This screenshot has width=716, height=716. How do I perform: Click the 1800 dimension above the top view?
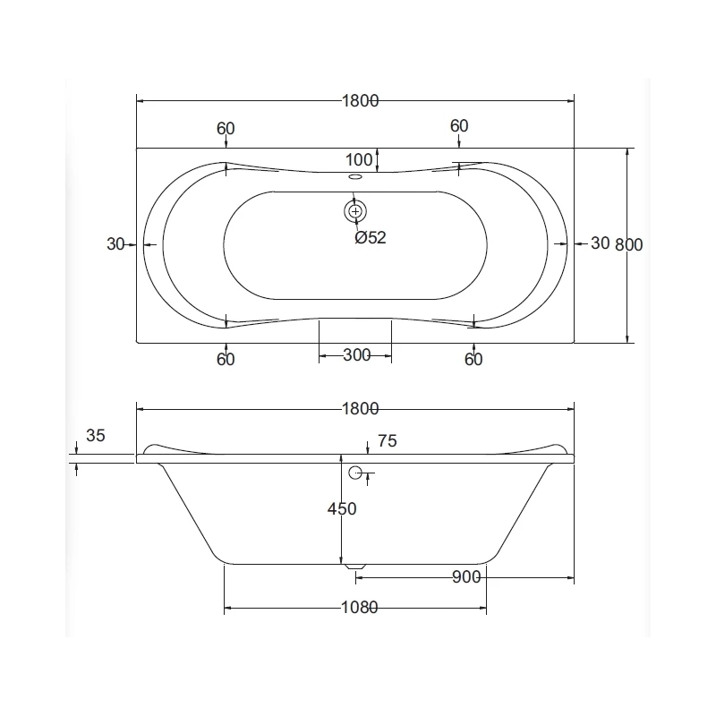point(361,100)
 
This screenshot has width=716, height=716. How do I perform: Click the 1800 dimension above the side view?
point(361,409)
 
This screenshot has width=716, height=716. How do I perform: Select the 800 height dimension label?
point(629,244)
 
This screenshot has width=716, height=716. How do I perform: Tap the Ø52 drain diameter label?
point(371,237)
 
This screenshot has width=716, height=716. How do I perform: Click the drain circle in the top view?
point(355,211)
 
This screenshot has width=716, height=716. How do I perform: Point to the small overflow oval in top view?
point(355,176)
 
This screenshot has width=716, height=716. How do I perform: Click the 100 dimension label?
point(359,160)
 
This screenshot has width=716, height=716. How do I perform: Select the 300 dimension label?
point(356,354)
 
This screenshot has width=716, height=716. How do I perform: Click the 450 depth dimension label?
point(342,508)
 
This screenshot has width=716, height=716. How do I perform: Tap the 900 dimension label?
point(466,577)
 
